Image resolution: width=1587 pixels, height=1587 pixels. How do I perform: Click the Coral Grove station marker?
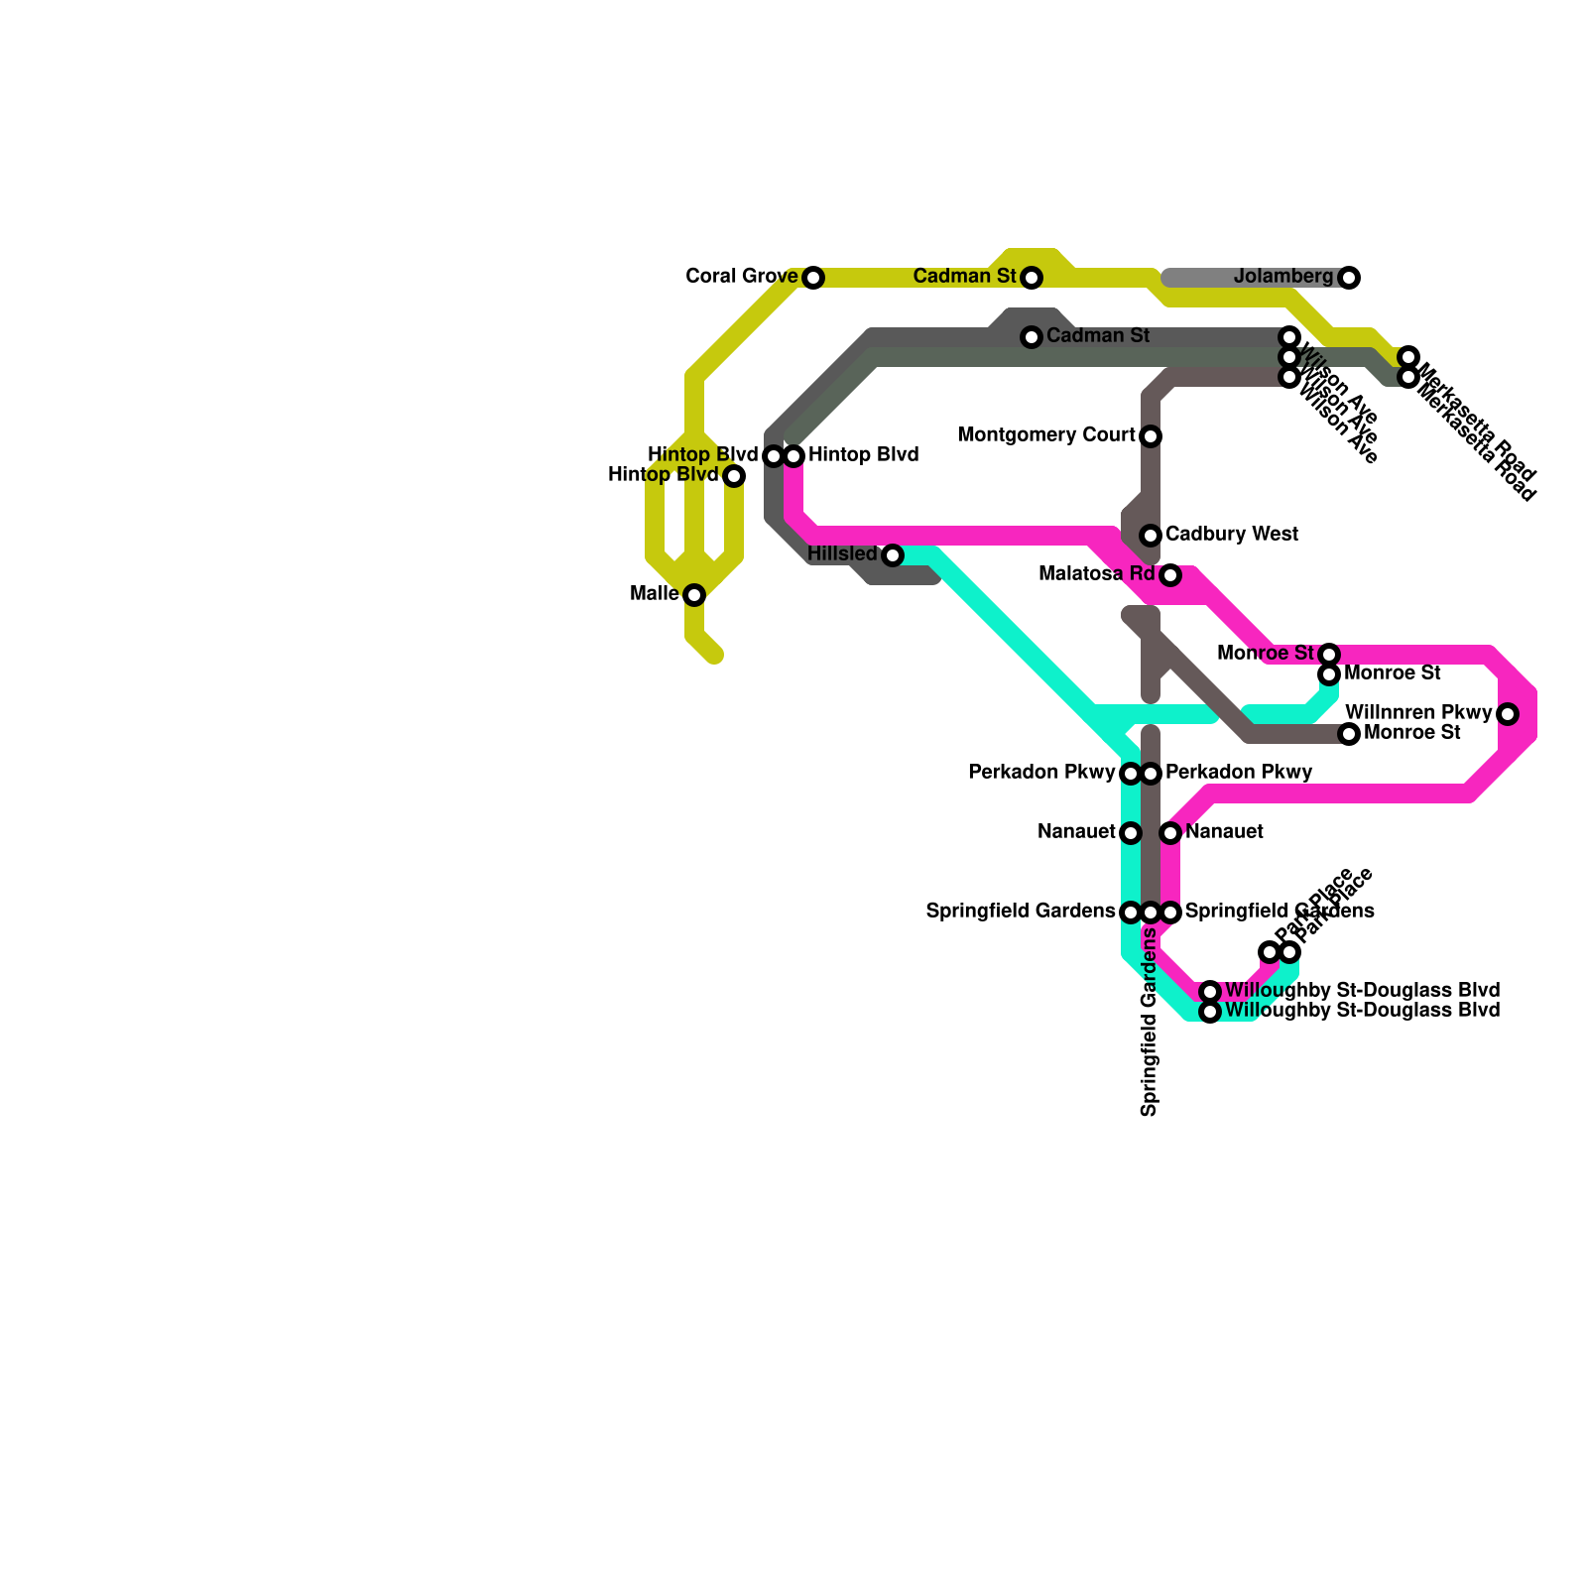(x=813, y=278)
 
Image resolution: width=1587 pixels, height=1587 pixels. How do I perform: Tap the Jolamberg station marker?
(x=1349, y=278)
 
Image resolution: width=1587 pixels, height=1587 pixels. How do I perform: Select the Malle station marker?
(x=694, y=595)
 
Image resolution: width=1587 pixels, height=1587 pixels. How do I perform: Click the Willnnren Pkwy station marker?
(x=1508, y=714)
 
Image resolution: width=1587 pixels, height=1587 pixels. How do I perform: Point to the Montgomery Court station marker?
(x=1151, y=436)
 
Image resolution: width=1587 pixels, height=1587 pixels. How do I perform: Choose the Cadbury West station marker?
(x=1151, y=536)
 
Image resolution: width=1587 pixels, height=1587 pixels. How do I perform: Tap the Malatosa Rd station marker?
(x=1170, y=575)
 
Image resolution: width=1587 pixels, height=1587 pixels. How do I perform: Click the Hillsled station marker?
(x=893, y=555)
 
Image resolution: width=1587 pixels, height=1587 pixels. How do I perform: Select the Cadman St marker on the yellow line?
(x=1032, y=278)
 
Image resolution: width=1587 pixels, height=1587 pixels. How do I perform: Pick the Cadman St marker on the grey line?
(x=1032, y=337)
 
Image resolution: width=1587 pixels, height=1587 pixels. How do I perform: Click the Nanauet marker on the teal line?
(x=1131, y=833)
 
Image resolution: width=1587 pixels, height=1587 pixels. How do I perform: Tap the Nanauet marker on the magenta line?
(x=1170, y=833)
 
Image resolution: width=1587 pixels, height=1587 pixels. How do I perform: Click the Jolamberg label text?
(x=1283, y=277)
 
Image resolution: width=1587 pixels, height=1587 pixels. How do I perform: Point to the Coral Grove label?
(x=742, y=277)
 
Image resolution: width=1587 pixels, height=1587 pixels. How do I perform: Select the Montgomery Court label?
(x=1046, y=435)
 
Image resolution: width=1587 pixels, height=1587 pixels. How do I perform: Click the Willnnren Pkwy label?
(x=1418, y=713)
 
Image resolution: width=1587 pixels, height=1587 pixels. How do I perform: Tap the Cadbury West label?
(x=1232, y=535)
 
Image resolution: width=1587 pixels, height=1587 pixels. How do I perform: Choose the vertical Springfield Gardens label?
(x=1150, y=1022)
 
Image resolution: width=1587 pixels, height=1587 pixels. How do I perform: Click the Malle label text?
(x=655, y=594)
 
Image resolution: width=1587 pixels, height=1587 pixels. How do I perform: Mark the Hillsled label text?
(x=842, y=553)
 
